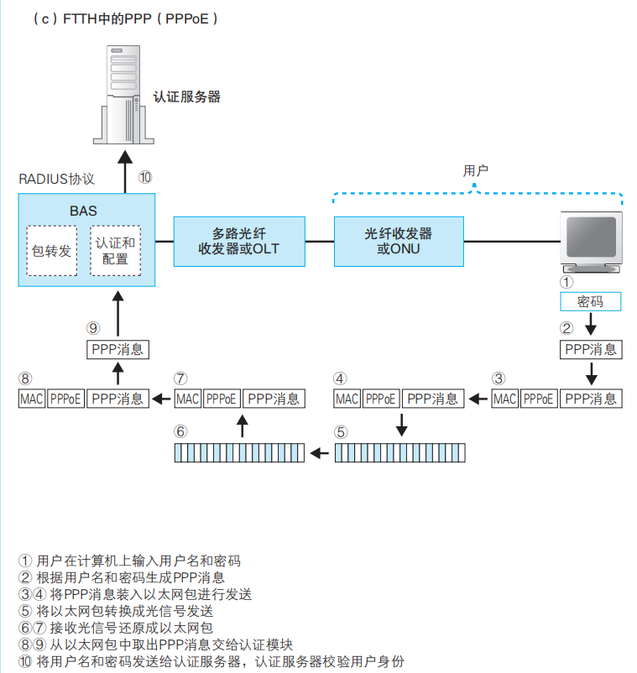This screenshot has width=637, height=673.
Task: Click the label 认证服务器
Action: click(x=186, y=97)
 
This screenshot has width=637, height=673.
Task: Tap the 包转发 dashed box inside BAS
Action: click(x=51, y=250)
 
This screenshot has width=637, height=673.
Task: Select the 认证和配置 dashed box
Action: click(x=116, y=250)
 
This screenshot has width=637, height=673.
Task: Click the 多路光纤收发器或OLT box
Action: click(x=238, y=242)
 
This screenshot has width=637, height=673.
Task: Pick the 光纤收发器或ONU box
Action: click(x=398, y=241)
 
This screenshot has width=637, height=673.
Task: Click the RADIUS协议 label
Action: click(x=56, y=180)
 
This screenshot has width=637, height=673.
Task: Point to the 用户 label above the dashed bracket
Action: click(x=476, y=171)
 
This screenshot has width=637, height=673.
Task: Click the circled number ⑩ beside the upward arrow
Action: click(x=145, y=177)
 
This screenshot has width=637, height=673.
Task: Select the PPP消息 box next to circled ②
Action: click(x=591, y=349)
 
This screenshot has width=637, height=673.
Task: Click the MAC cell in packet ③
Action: click(x=504, y=399)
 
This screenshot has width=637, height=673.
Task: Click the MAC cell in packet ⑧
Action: click(x=31, y=399)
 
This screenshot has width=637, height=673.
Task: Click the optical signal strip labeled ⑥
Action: click(x=239, y=453)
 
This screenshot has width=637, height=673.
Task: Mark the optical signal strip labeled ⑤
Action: click(x=399, y=453)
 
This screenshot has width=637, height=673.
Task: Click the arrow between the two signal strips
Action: click(x=319, y=454)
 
